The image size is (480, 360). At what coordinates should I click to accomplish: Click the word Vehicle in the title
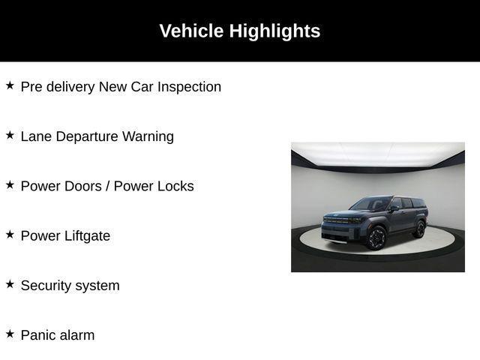[191, 31]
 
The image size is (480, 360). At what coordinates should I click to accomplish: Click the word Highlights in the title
[274, 31]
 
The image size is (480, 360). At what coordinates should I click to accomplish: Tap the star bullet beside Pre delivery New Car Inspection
[10, 85]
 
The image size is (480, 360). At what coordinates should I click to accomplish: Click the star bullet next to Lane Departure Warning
[10, 135]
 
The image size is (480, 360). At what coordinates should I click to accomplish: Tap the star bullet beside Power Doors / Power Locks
[10, 184]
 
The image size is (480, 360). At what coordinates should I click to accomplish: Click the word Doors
[82, 186]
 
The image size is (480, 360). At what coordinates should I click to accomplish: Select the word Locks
[175, 186]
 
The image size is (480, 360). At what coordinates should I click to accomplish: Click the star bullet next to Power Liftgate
[10, 234]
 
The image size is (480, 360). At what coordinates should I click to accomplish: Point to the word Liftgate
[86, 236]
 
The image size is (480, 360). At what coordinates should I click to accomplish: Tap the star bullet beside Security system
[10, 283]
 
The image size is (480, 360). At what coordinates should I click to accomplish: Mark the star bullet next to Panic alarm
[10, 333]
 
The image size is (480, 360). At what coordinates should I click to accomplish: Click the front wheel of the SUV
[376, 238]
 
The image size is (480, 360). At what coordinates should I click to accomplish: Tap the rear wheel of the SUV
[419, 228]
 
